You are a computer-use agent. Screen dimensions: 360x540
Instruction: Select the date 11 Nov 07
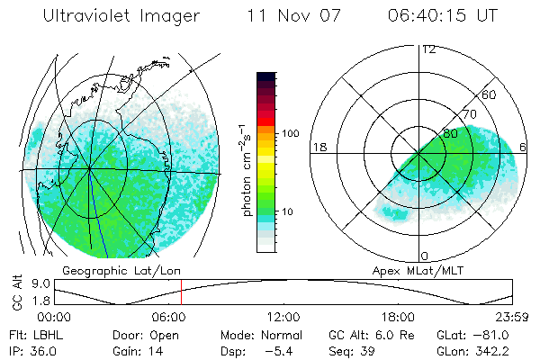tap(293, 16)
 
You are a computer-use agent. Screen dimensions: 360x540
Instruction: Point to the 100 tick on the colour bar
tap(290, 133)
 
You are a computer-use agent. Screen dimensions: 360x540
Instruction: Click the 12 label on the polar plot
tap(428, 49)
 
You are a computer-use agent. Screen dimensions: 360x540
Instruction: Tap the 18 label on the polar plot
tap(318, 146)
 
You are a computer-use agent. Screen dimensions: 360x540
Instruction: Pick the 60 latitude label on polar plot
tap(490, 94)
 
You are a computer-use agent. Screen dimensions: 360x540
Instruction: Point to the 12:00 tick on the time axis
tap(283, 318)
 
